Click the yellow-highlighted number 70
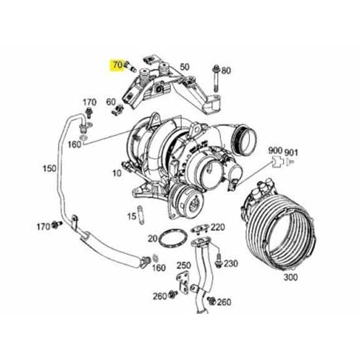point(117,64)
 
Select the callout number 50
point(184,67)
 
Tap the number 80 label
point(226,71)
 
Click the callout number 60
point(111,102)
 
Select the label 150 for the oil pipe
point(49,169)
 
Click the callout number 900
point(276,151)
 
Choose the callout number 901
point(291,151)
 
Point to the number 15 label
point(131,217)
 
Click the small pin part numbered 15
point(142,217)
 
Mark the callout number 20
point(152,238)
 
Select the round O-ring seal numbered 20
point(169,240)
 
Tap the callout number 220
point(217,227)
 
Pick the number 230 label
point(231,264)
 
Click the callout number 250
point(183,265)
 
